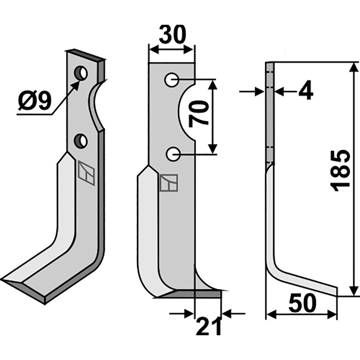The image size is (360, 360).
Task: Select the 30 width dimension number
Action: click(172, 35)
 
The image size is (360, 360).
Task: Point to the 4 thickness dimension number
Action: click(305, 92)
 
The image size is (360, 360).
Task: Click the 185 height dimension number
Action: click(341, 170)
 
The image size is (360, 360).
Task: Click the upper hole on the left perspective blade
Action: click(81, 73)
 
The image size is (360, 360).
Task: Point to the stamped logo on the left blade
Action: click(86, 173)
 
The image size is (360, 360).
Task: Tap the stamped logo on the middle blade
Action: click(169, 183)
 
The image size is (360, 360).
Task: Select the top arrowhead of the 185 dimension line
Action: click(354, 67)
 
